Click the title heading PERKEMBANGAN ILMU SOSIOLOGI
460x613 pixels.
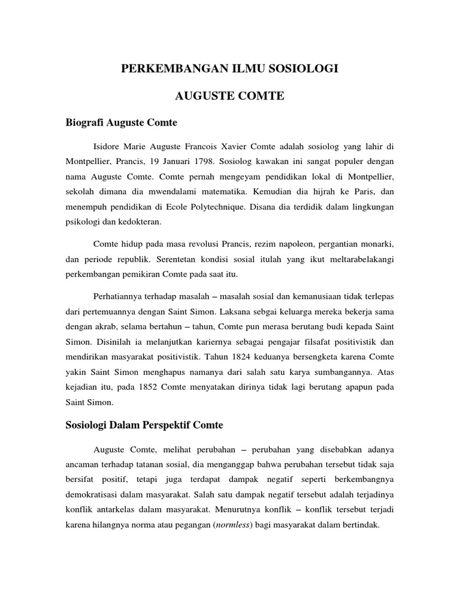230,69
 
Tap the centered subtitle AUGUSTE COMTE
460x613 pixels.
229,96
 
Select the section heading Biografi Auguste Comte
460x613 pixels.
122,123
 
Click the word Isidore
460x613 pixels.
108,146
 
